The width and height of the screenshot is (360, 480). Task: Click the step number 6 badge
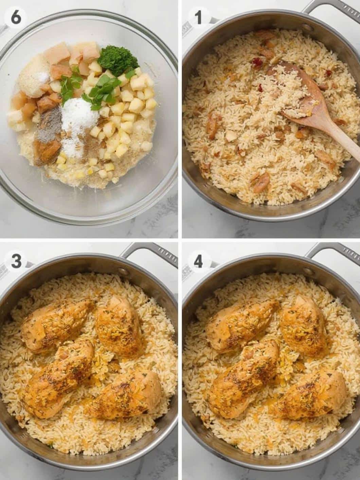pos(16,18)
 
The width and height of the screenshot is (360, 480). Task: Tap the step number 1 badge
pos(198,18)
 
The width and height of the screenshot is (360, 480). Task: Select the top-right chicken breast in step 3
pos(119,321)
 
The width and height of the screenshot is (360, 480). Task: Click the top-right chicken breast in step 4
pos(302,321)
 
